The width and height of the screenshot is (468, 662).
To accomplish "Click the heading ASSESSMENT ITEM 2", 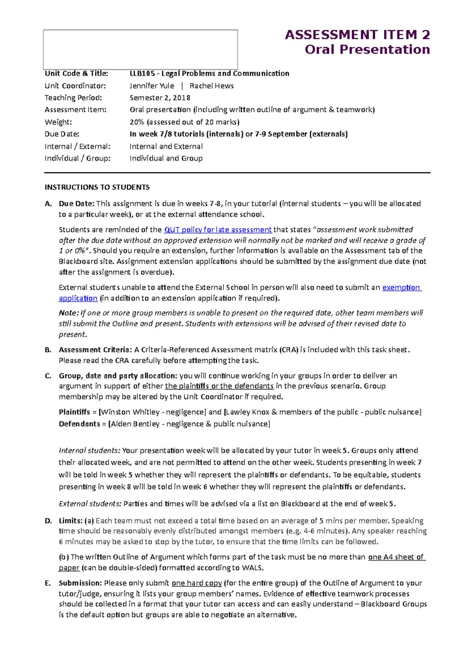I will tap(357, 35).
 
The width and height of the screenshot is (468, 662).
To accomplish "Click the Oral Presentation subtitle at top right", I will tap(367, 50).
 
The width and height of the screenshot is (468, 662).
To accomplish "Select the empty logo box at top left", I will tap(140, 50).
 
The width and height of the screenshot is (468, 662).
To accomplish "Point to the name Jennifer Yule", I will tap(152, 86).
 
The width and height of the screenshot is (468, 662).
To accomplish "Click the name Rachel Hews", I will tap(211, 86).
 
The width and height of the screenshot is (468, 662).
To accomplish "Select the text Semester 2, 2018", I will tap(160, 98).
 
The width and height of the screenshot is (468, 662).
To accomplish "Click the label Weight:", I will tap(58, 122).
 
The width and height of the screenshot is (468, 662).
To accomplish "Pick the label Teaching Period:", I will tap(73, 98).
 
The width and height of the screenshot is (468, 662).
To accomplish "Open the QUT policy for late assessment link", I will tap(218, 230).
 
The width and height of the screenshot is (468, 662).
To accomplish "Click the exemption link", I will tap(401, 287).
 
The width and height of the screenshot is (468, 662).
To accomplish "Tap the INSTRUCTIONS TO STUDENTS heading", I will tap(97, 187).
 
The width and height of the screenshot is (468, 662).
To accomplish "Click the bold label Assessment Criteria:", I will tap(95, 350).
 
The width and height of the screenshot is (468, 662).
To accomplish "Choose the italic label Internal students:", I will tap(89, 450).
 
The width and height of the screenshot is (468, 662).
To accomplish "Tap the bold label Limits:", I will tap(71, 521).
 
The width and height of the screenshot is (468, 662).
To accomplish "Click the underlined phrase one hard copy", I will tap(197, 583).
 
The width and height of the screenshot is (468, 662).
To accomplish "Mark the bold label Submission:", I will tap(80, 583).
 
